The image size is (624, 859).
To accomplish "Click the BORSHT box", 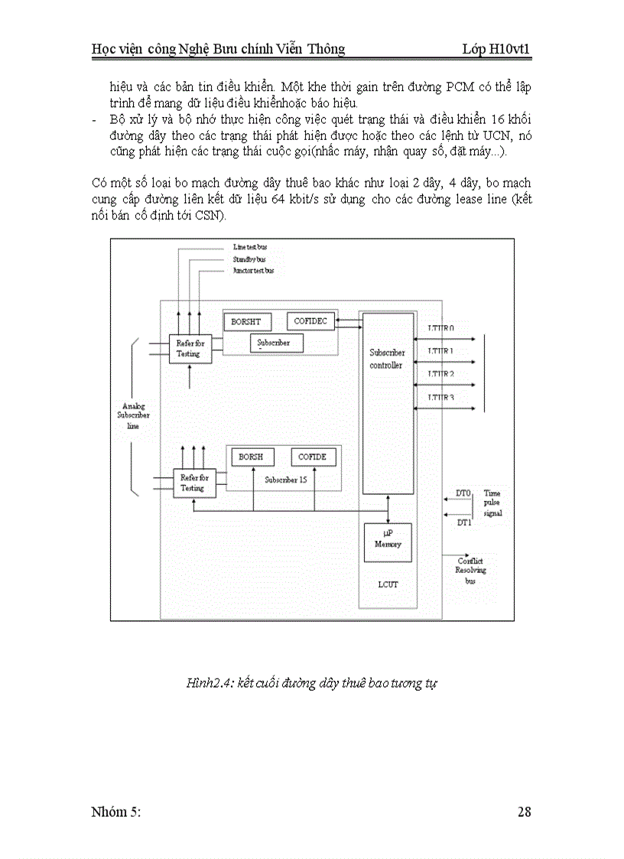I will (x=246, y=322).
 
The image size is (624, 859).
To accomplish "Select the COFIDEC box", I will (x=310, y=321).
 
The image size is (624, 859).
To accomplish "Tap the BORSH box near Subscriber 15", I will (x=251, y=457).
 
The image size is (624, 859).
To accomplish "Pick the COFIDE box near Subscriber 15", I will (x=312, y=457).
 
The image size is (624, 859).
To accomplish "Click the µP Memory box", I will (x=388, y=539).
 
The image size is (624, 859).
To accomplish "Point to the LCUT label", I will (x=388, y=584).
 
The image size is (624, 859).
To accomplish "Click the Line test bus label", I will (x=250, y=247).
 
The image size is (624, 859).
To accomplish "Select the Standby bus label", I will (x=249, y=259).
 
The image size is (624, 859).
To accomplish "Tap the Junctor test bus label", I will (x=253, y=271).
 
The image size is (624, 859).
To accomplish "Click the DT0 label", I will (x=463, y=493).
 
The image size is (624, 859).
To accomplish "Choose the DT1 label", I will (x=463, y=522).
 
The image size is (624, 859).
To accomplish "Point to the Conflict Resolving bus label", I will (x=470, y=571).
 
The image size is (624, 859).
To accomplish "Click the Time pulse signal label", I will (x=492, y=503).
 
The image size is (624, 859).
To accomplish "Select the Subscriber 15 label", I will (x=286, y=480).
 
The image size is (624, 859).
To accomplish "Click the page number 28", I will (x=524, y=812).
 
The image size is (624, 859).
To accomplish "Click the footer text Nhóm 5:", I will (x=116, y=812).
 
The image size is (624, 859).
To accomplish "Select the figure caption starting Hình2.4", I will (x=311, y=683).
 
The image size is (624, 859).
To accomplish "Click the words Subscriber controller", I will (x=387, y=359).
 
